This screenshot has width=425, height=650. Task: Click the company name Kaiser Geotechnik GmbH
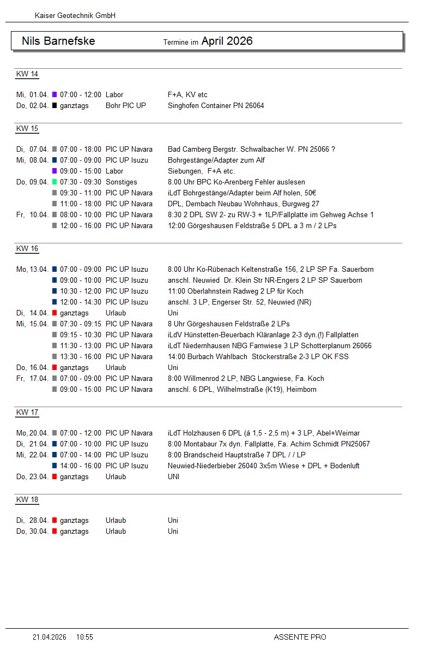[75, 16]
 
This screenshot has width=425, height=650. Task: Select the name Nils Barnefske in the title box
[58, 41]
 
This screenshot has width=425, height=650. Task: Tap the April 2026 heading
[227, 41]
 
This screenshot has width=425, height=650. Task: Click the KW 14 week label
[27, 74]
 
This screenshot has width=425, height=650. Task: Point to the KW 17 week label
[27, 413]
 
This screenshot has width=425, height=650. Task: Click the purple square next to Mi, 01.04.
[54, 95]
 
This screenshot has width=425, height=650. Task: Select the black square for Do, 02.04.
[54, 106]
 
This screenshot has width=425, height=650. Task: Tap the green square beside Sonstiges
[54, 182]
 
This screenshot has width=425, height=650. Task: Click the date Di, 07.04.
[33, 150]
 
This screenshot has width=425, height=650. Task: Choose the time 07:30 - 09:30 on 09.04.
[81, 182]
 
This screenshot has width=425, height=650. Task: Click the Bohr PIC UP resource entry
[126, 106]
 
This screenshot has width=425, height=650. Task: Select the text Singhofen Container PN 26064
[216, 106]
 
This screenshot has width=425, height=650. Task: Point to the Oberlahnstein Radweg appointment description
[235, 291]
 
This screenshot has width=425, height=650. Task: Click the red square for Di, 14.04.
[54, 313]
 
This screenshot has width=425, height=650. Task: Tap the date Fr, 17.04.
[33, 379]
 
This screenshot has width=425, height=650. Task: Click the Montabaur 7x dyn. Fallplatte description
[269, 444]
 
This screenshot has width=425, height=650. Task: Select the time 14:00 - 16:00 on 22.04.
[81, 466]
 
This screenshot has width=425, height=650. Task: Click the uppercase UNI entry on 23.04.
[174, 477]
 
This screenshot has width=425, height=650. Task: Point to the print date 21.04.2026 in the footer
[50, 637]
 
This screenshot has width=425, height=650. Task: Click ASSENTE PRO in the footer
[300, 637]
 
